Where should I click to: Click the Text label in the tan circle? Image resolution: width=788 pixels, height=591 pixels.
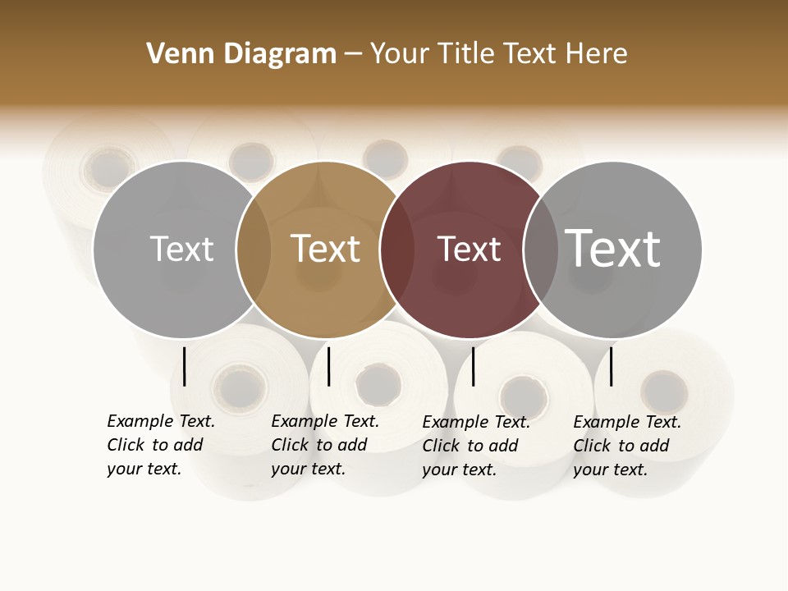click(326, 249)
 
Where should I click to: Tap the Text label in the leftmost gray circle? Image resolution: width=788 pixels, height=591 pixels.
click(182, 249)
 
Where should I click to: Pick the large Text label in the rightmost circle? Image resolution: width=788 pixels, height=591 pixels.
click(613, 248)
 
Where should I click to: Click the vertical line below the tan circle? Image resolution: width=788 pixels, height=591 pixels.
click(328, 366)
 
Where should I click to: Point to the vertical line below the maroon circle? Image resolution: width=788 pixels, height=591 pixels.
click(474, 366)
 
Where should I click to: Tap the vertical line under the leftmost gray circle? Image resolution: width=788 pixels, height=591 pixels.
click(185, 366)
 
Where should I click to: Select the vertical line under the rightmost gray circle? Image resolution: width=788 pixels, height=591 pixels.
click(612, 366)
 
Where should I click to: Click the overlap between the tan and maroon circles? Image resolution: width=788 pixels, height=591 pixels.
click(397, 250)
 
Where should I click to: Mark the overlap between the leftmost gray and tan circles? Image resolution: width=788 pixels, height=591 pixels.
click(254, 250)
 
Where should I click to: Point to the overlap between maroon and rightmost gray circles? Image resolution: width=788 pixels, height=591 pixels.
click(541, 250)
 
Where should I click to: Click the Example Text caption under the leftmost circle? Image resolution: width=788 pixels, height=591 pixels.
click(160, 445)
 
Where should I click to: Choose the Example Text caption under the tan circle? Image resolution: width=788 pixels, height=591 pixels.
click(324, 445)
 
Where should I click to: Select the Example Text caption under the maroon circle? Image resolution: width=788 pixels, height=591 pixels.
click(475, 446)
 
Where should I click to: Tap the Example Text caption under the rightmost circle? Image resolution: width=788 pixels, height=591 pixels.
click(626, 446)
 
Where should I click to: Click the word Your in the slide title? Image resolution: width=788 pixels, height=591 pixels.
click(399, 54)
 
